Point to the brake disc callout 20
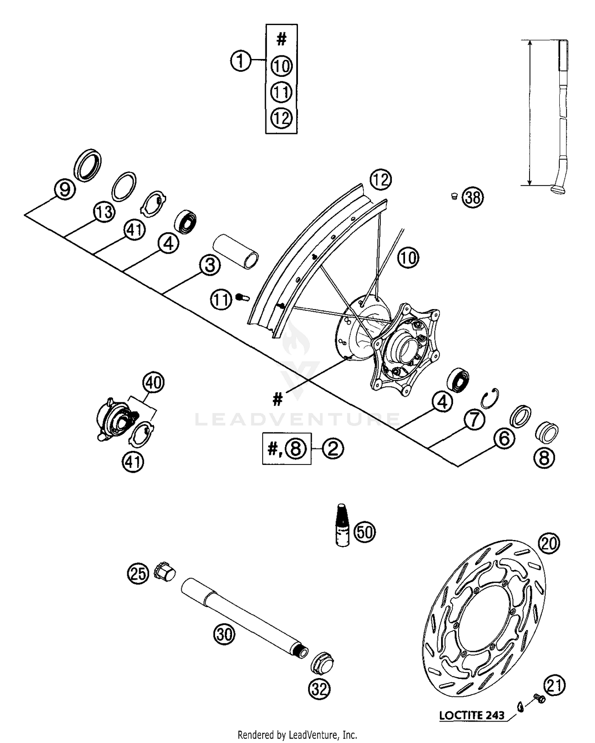tap(549, 543)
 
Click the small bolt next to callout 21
tap(539, 698)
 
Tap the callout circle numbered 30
tap(225, 634)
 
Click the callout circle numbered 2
tap(333, 449)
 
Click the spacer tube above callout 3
tap(236, 251)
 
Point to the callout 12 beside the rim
tap(380, 180)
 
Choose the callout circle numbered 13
tap(104, 212)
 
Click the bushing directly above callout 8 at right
tap(547, 432)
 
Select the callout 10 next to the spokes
tap(409, 258)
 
